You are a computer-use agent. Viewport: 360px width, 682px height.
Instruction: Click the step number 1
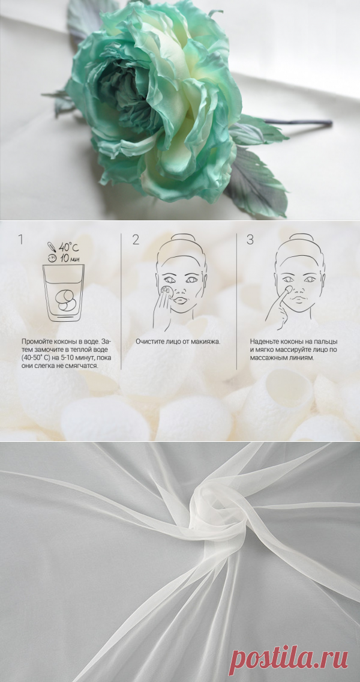20,239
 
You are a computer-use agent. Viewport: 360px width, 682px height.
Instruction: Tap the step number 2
136,239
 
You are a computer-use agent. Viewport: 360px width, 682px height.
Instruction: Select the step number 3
250,239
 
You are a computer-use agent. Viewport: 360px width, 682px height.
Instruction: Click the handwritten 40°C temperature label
68,247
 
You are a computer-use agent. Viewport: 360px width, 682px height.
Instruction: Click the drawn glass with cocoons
64,293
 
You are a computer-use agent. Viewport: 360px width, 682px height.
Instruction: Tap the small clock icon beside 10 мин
53,258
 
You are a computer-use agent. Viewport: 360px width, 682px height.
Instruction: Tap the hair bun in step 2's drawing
182,238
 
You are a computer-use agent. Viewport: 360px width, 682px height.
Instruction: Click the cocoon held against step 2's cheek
166,289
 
